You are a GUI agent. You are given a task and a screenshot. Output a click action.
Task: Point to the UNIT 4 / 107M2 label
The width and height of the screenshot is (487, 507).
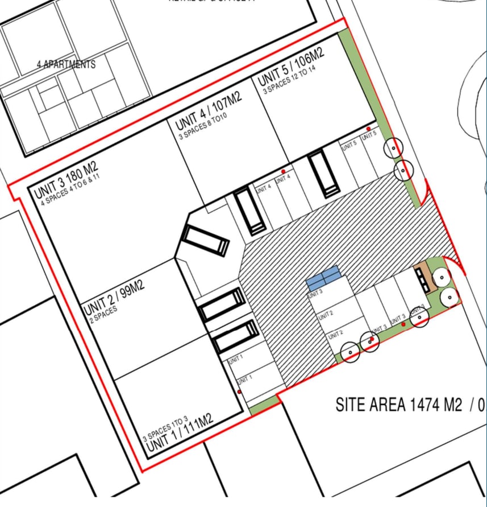pyautogui.click(x=208, y=111)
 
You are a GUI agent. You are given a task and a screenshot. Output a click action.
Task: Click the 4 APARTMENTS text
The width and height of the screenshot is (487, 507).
pyautogui.click(x=66, y=64)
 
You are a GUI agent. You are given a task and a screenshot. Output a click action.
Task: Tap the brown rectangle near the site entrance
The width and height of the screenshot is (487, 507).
pyautogui.click(x=421, y=278)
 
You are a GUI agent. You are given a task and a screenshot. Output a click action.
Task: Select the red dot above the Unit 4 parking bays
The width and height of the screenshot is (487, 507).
pyautogui.click(x=283, y=171)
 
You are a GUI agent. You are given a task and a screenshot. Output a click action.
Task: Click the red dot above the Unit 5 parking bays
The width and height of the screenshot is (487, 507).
pyautogui.click(x=368, y=129)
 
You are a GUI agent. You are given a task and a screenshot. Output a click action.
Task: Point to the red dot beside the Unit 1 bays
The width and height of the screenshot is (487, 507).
pyautogui.click(x=239, y=391)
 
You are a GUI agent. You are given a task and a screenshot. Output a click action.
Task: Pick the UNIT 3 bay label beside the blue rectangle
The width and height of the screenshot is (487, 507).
pyautogui.click(x=315, y=294)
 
